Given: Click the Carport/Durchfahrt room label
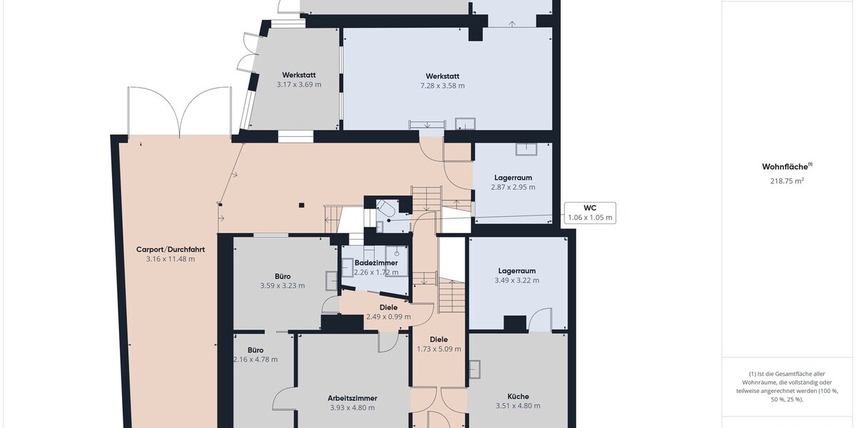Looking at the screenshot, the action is [x=170, y=250].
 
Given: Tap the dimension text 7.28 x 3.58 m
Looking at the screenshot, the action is [x=442, y=86].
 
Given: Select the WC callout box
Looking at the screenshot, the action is [x=590, y=213].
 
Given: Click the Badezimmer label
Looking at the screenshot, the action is [x=376, y=263].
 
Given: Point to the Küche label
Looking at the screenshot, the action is [x=518, y=397].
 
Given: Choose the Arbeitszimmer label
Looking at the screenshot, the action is [x=352, y=398].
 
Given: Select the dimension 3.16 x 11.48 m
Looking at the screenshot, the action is [x=170, y=259].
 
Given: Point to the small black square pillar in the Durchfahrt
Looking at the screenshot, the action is [x=302, y=205].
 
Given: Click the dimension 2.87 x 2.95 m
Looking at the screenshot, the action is [x=513, y=187].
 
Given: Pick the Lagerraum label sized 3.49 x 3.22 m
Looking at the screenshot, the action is [x=516, y=271].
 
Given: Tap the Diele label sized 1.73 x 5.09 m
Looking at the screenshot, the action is [x=439, y=340].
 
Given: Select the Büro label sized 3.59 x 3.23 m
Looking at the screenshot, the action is [x=282, y=276].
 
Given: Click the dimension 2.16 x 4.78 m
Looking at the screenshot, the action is [x=255, y=360].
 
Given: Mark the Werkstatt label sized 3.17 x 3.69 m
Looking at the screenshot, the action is [x=299, y=75].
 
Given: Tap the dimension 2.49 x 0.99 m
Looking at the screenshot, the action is [x=389, y=317].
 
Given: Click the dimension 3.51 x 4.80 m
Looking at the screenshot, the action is [x=518, y=406].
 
